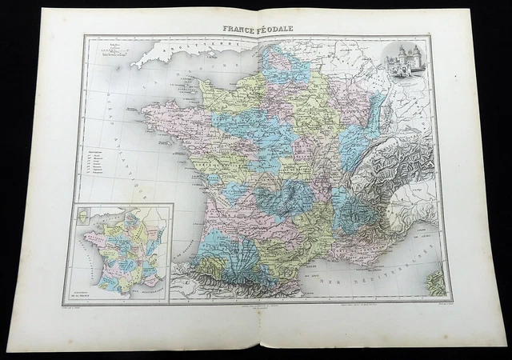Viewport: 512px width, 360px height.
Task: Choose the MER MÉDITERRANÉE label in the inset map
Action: click(x=144, y=287)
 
